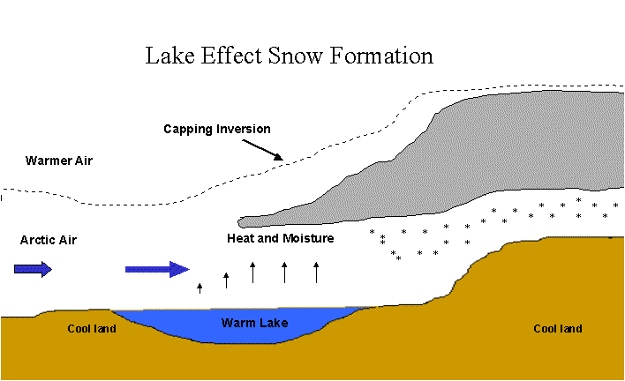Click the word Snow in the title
coord(294,56)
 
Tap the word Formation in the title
coord(381,56)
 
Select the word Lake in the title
coord(169,56)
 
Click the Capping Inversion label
coord(217,129)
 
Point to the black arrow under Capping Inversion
coord(263,150)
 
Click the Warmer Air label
coord(59,161)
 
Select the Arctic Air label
coord(49,240)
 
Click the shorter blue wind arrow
coord(33,270)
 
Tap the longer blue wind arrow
coord(157,270)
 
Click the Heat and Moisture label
coord(281,238)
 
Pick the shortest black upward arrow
coord(200,288)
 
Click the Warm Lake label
coord(255,323)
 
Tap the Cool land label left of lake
coord(92,329)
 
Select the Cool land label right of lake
coord(558,329)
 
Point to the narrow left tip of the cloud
coord(240,222)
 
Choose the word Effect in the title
coord(230,56)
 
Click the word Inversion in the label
coord(244,129)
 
